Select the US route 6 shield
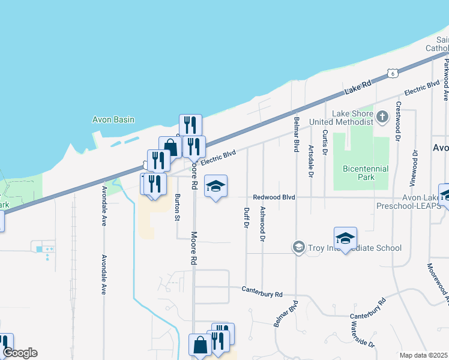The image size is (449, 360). (392, 73)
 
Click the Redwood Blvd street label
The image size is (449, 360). (274, 197)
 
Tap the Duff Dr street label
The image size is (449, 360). (246, 217)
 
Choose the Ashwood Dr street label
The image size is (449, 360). (262, 223)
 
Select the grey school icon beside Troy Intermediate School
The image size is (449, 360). (298, 247)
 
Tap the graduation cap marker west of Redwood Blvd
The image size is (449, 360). (216, 187)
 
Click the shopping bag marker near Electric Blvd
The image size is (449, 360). (170, 148)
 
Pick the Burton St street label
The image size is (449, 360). (177, 207)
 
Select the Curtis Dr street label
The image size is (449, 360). (325, 142)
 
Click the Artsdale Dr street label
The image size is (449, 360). (310, 161)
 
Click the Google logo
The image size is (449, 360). (20, 353)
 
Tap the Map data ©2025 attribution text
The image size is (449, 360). (424, 355)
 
